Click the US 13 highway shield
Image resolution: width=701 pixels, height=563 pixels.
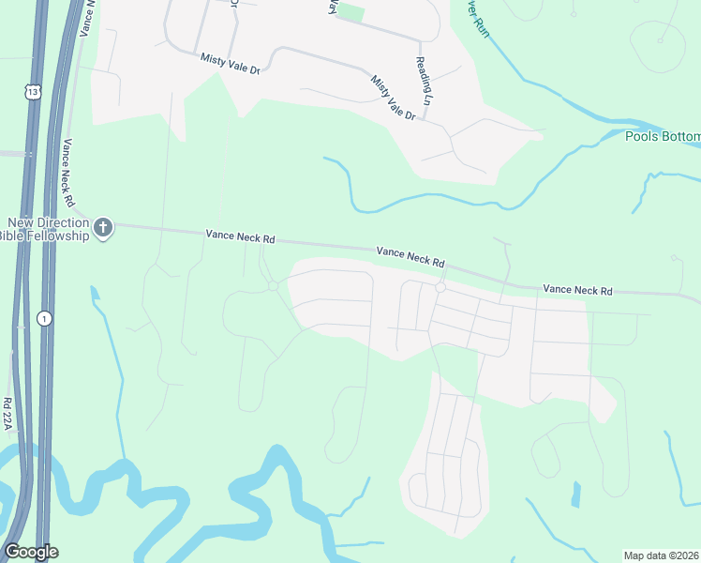(34, 91)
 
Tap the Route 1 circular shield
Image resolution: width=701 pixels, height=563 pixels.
(44, 318)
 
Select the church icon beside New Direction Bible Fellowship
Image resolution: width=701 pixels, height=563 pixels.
(104, 228)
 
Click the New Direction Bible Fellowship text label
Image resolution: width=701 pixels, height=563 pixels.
(48, 229)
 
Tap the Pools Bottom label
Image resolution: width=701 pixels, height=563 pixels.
(663, 137)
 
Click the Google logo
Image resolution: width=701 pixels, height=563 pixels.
(31, 552)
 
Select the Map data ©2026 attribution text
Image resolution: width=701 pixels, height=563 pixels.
(662, 555)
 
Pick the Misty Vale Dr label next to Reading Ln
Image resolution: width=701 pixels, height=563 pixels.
(393, 98)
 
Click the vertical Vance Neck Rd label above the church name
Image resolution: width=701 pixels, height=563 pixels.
(68, 172)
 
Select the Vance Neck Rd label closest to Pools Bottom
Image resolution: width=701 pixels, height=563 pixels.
(577, 292)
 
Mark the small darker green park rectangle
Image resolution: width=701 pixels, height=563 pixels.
(350, 12)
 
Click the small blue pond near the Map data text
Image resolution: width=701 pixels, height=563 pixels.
(575, 495)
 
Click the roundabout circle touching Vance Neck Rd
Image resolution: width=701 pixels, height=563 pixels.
(440, 288)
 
